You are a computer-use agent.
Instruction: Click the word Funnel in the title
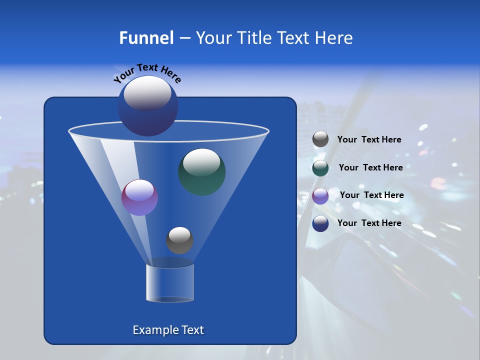coord(146,38)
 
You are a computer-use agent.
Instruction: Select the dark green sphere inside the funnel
coord(201,172)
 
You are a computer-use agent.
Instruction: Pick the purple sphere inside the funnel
coord(139,197)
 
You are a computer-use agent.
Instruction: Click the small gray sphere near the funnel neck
coord(179,240)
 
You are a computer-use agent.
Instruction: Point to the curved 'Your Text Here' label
coord(147,73)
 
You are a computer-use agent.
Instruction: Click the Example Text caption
coord(168,330)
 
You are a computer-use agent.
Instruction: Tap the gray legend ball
coord(320,139)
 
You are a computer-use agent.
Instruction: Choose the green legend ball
coord(320,167)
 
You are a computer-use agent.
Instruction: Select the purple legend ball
coord(320,195)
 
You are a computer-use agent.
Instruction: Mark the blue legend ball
coord(320,223)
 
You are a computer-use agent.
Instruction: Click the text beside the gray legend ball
coord(369,140)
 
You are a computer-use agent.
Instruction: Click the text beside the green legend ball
coord(370,168)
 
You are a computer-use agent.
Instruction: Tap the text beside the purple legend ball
coord(371,195)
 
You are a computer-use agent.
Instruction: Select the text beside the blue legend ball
coord(369,223)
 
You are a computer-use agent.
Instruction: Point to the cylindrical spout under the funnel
coord(170,282)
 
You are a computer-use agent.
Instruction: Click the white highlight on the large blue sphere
coord(147,93)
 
